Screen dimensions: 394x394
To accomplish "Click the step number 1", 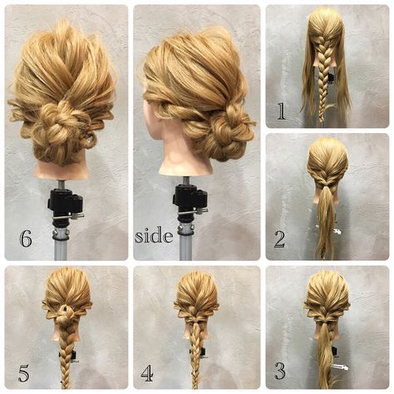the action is tap(281, 111).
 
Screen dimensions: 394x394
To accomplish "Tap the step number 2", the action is tap(279, 239).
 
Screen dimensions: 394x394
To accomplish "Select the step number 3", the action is tap(280, 371).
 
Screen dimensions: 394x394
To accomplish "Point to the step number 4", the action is tap(146, 372).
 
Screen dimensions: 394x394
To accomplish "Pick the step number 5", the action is tap(23, 372).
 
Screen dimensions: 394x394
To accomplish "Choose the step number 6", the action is tap(26, 239).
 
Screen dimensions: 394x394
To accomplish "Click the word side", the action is tap(154, 236).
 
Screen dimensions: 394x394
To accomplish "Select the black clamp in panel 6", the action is tap(66, 204).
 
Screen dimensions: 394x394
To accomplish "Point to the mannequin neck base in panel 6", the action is tap(62, 172).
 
